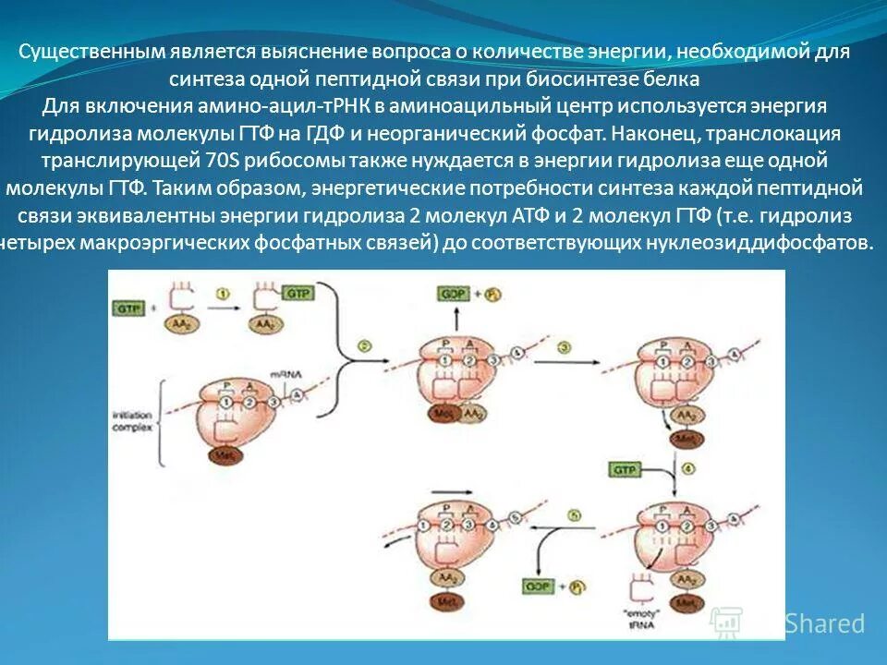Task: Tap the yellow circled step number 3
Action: click(565, 346)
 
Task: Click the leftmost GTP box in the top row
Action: click(128, 309)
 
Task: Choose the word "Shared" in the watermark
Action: click(825, 623)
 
